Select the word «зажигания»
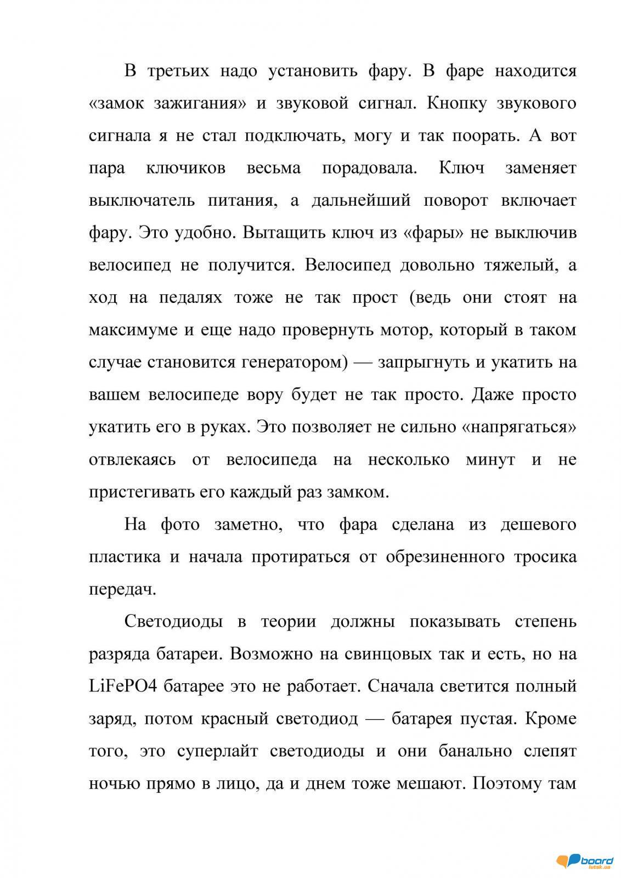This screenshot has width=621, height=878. pyautogui.click(x=197, y=103)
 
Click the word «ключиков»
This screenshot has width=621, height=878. pyautogui.click(x=186, y=167)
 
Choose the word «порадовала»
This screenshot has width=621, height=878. pyautogui.click(x=370, y=167)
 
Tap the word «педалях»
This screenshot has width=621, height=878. pyautogui.click(x=190, y=297)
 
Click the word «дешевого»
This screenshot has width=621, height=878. pyautogui.click(x=538, y=524)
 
